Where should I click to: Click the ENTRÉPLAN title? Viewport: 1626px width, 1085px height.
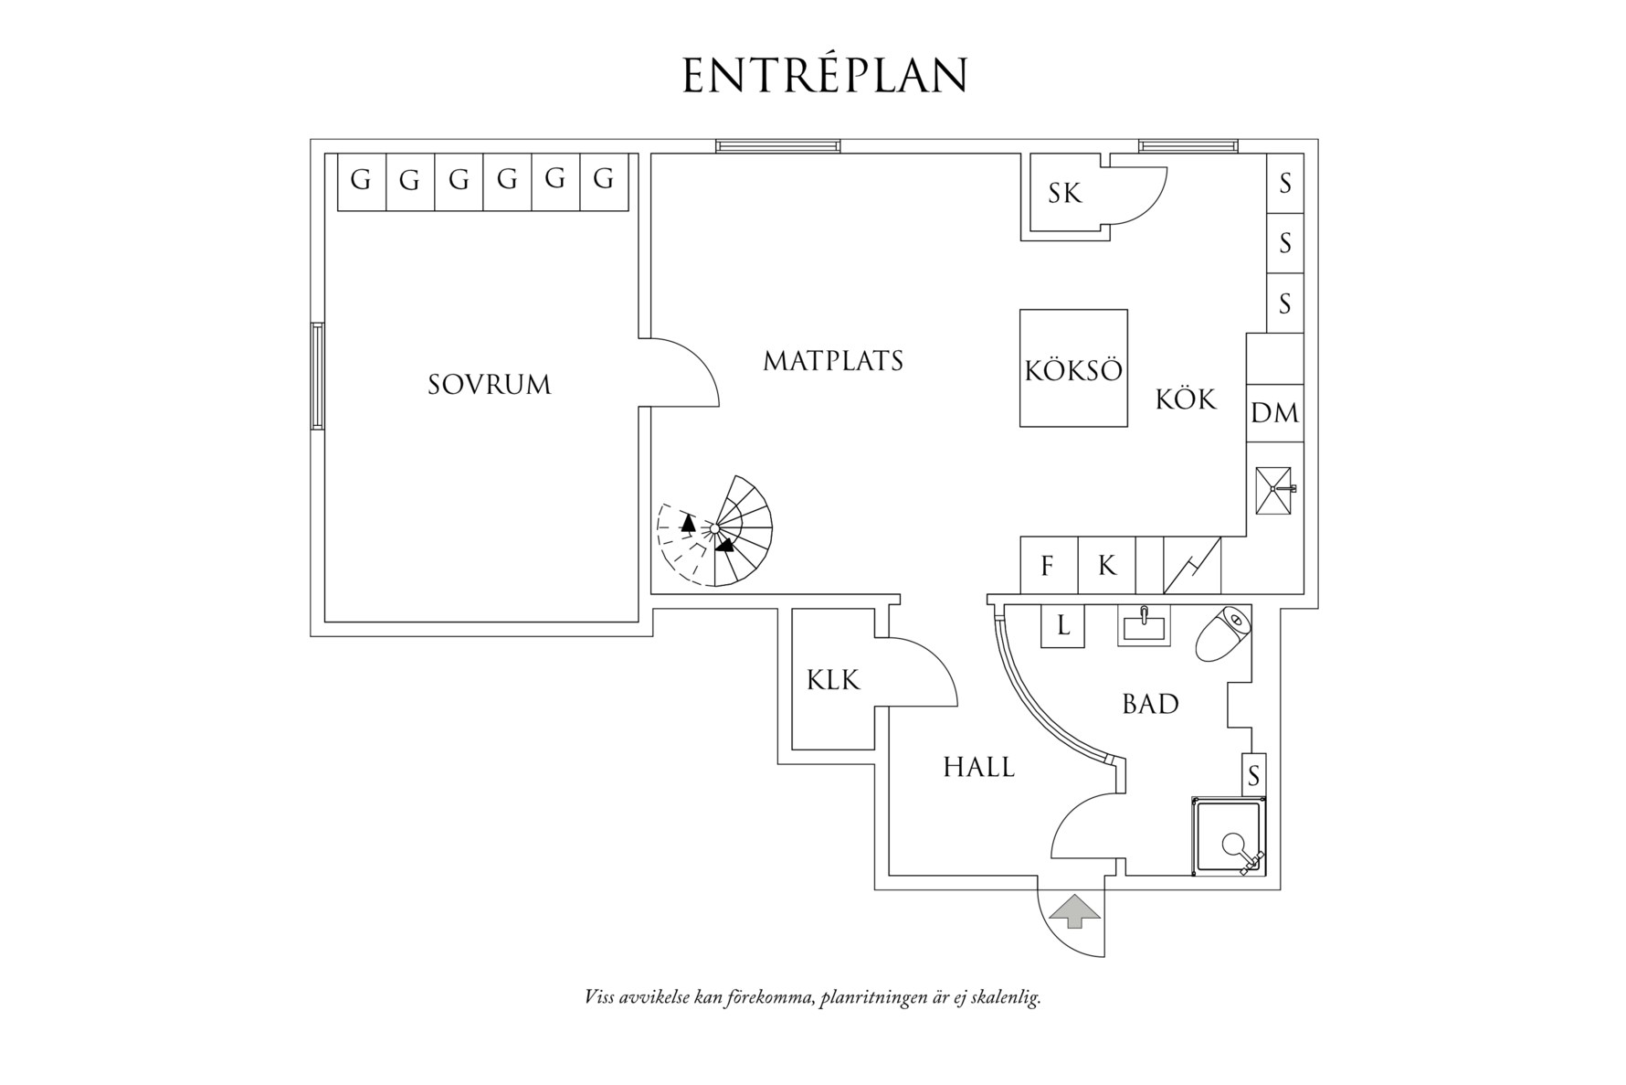824,76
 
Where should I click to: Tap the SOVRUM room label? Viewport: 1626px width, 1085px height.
490,385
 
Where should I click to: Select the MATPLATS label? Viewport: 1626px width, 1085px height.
833,362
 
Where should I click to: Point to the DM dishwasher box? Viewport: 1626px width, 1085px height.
1274,413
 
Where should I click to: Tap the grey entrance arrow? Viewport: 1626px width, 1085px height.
1073,910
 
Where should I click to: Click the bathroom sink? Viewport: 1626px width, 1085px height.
1143,627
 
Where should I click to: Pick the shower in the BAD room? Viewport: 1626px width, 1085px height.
1230,836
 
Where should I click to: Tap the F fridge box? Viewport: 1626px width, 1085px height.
1048,566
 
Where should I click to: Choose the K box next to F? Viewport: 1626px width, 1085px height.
1106,566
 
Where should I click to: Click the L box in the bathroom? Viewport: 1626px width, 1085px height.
1062,626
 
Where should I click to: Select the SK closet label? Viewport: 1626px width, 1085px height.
1064,194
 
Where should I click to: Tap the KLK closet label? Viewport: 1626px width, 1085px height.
833,680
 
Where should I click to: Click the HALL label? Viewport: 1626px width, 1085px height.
978,768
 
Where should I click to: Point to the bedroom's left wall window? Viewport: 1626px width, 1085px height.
317,376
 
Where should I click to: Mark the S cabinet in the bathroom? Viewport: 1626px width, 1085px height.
1253,775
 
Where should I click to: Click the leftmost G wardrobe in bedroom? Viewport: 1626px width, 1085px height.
361,180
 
